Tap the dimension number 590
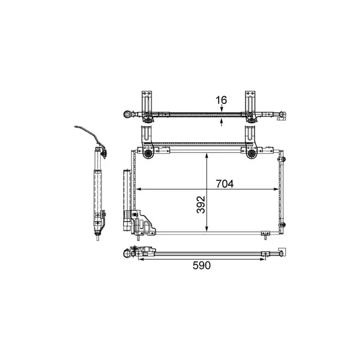coord(201,265)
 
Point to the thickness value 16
coord(221,100)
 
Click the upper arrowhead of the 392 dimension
coord(206,156)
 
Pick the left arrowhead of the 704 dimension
coord(138,189)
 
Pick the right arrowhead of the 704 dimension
coord(278,189)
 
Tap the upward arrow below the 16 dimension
coord(221,122)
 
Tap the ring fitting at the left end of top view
coord(129,115)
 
